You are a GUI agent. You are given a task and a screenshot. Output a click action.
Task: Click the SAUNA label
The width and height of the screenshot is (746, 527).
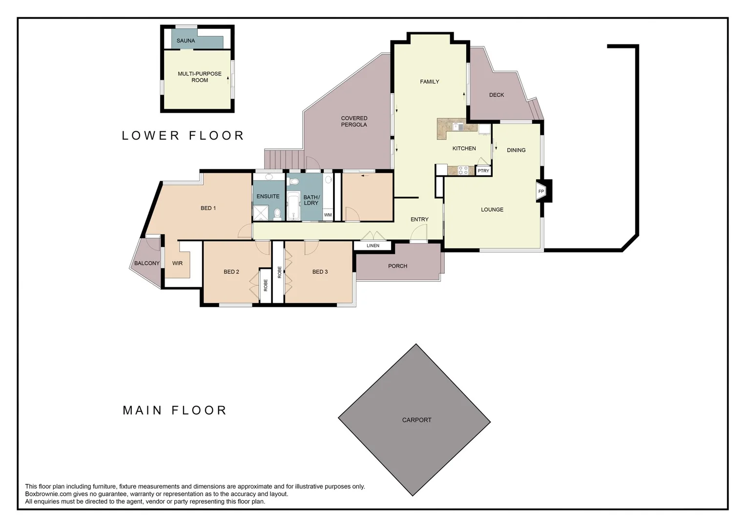point(186,41)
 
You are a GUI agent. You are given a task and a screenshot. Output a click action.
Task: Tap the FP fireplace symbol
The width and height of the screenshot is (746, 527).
point(541,191)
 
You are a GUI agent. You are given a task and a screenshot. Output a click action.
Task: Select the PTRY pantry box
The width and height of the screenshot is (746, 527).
point(483,171)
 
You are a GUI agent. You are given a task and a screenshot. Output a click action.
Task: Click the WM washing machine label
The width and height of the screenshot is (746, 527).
point(328,215)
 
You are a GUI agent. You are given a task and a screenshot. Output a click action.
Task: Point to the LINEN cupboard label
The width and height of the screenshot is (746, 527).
point(373,245)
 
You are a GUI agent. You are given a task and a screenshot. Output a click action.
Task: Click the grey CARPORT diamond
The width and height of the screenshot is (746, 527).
point(414,420)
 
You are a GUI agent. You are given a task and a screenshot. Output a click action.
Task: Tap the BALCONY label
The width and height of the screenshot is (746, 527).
point(147,263)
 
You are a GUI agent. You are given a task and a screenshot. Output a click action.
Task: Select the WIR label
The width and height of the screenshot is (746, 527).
point(177,263)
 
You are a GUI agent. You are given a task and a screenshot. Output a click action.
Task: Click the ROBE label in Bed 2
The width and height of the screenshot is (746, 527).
point(266,285)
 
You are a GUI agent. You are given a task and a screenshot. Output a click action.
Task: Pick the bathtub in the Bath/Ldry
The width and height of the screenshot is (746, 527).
point(293,206)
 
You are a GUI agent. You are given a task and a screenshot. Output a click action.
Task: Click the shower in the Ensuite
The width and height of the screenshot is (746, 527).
point(261,213)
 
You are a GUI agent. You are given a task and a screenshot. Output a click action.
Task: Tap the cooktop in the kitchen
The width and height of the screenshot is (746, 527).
point(463,170)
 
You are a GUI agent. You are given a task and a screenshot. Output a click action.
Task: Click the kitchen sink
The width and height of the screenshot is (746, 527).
point(458,126)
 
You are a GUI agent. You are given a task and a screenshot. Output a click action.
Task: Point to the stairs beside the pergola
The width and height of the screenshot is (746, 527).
point(284,159)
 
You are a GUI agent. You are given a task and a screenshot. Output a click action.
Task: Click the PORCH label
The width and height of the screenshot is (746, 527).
point(397,266)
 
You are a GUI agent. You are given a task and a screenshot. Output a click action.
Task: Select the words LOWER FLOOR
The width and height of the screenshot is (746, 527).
point(183,136)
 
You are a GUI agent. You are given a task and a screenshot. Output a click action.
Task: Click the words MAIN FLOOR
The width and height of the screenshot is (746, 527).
point(174,410)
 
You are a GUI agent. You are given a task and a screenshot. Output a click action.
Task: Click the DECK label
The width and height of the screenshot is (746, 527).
point(496,95)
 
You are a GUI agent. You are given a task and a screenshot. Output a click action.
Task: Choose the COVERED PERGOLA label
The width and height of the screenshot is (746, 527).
point(354,122)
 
